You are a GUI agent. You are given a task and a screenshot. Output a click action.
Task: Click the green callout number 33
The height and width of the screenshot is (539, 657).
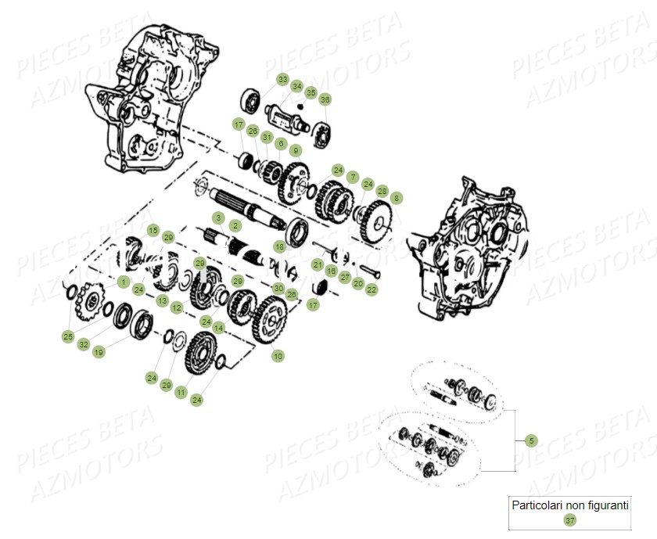click(x=282, y=79)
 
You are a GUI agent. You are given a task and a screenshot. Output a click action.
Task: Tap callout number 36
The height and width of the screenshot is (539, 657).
click(x=325, y=99)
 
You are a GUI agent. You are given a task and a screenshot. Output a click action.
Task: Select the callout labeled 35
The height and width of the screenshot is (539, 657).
click(x=311, y=93)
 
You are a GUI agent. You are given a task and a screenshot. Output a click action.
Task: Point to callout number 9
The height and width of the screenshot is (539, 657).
click(x=295, y=150)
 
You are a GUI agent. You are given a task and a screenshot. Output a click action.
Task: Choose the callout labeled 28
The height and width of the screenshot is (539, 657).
click(x=382, y=191)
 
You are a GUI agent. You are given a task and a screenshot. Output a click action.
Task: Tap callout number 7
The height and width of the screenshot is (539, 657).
click(x=353, y=177)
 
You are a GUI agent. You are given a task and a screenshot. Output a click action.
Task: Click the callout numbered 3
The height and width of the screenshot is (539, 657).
click(x=219, y=217)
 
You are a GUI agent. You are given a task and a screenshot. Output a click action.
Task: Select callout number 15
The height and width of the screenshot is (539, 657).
click(x=153, y=231)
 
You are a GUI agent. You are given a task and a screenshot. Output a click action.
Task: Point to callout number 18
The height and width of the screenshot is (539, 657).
click(x=280, y=246)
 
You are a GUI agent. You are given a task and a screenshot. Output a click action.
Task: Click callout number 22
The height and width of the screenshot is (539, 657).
click(x=372, y=289)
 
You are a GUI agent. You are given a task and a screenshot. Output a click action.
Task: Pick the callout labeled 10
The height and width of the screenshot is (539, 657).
click(x=278, y=356)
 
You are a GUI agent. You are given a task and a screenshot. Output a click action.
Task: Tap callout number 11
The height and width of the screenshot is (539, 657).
click(x=181, y=391)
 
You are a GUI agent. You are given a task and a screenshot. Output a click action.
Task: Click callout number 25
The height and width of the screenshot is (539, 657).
click(x=68, y=336)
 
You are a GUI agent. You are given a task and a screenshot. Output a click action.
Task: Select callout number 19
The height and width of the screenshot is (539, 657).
click(x=99, y=353)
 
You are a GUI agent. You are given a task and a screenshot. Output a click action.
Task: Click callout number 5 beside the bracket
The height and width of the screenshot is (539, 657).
click(x=532, y=440)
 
